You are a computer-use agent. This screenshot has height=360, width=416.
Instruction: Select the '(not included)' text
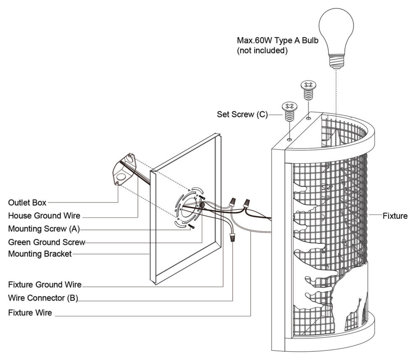click(262, 51)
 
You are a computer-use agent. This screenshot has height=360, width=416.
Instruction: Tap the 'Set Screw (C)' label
click(242, 114)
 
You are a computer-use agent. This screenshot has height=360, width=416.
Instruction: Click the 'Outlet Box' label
click(27, 203)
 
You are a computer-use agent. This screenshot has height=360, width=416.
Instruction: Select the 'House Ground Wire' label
click(44, 216)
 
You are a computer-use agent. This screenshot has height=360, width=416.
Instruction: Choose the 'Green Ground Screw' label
click(47, 243)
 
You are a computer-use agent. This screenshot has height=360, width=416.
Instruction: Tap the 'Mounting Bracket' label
click(40, 254)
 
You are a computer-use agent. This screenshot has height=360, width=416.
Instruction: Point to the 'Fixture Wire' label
click(30, 313)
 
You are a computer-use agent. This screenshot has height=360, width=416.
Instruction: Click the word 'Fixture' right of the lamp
click(395, 216)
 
